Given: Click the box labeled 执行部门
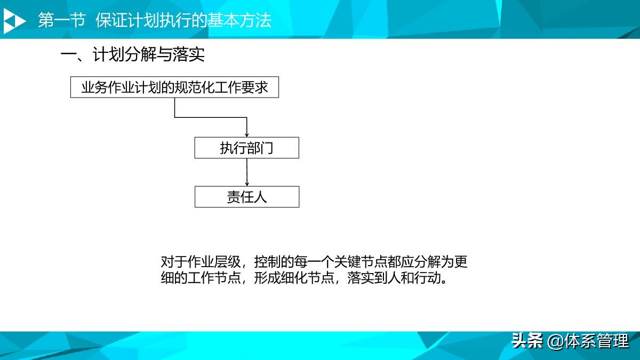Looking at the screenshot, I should (x=246, y=148).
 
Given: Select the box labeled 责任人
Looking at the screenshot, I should (x=246, y=197).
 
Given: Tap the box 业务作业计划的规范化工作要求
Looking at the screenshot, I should (x=174, y=87).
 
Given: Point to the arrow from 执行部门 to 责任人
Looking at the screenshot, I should (x=247, y=172).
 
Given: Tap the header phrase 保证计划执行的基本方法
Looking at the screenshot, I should (x=183, y=21).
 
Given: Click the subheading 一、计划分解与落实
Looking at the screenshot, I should (x=132, y=55).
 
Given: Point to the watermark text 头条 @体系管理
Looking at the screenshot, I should (x=570, y=340).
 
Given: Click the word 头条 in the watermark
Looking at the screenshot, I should (x=527, y=340).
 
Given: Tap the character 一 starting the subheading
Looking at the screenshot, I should (x=67, y=55).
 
